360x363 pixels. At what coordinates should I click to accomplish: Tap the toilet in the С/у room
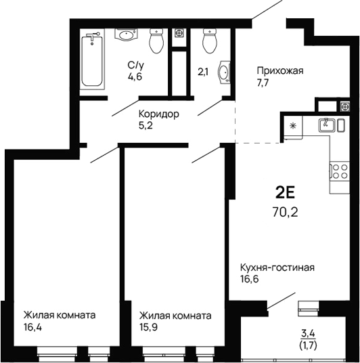[157, 42]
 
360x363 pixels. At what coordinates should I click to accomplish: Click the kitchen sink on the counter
[328, 124]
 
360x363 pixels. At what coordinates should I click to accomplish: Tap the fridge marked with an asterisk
[292, 126]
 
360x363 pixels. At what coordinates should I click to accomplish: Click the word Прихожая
[279, 70]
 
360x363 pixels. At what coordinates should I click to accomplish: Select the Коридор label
[159, 114]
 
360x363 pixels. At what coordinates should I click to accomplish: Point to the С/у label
[136, 65]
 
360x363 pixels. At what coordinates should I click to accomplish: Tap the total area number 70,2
[284, 211]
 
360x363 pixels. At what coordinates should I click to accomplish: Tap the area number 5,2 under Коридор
[147, 126]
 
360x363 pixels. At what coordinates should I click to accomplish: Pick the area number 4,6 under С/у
[136, 77]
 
